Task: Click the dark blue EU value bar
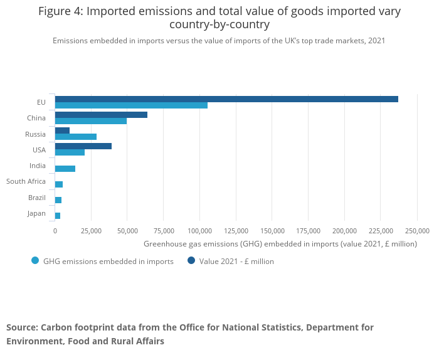[x=226, y=99]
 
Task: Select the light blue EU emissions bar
[x=131, y=105]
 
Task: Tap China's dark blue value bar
[x=101, y=115]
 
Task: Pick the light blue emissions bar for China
[x=91, y=121]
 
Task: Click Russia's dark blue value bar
[x=62, y=130]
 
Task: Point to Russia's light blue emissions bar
[x=76, y=137]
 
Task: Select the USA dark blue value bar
[x=83, y=146]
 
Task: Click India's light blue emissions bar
[x=65, y=169]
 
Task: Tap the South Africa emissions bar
[x=59, y=184]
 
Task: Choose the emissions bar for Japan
[x=58, y=216]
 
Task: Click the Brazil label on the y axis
[x=37, y=198]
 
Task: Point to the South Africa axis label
[x=26, y=182]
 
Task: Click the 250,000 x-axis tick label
[x=417, y=231]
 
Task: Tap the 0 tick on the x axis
[x=55, y=231]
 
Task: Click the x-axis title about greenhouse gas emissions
[x=280, y=244]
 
